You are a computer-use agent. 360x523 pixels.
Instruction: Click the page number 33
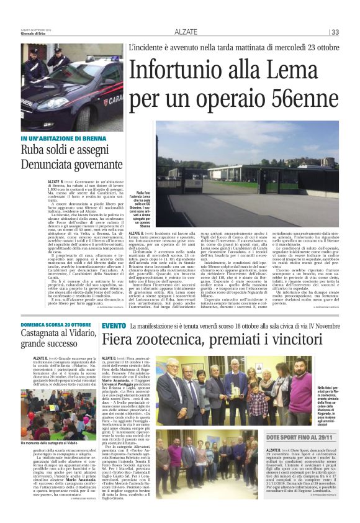(x=334, y=32)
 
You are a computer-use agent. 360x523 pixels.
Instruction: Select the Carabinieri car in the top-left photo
(x=81, y=99)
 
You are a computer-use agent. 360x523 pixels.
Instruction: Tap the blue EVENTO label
(x=114, y=325)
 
